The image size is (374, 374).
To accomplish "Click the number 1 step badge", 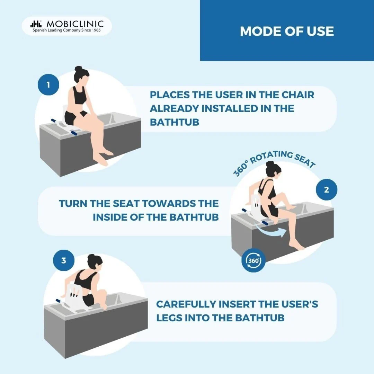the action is click(48, 85).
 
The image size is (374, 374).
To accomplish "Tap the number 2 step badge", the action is click(327, 190).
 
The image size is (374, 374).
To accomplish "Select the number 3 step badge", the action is click(64, 260).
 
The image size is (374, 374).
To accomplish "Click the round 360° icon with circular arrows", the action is click(253, 260).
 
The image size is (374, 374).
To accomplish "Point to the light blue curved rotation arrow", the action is click(269, 230).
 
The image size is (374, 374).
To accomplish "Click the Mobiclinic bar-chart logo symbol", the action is click(36, 24).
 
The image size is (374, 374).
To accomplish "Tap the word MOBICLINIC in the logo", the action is click(75, 24).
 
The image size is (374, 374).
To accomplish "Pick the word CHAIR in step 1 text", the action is click(298, 95).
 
